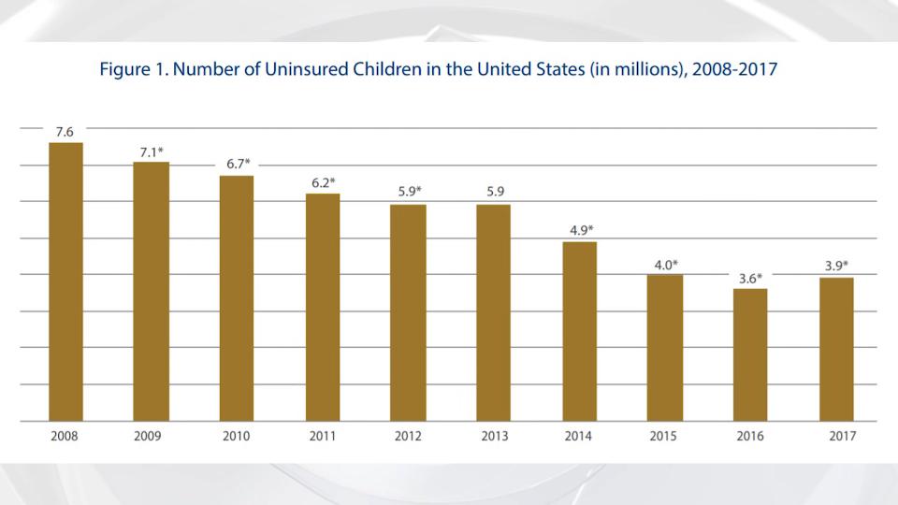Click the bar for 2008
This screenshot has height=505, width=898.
[x=65, y=281]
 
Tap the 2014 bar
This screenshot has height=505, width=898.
[x=580, y=331]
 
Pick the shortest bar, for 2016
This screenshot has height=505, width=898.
[x=750, y=354]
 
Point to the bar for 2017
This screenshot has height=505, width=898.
[x=836, y=349]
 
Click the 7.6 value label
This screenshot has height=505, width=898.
[x=65, y=132]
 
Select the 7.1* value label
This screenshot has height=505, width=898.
[x=152, y=151]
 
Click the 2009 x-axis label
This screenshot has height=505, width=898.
[x=151, y=437]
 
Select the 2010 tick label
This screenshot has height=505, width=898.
[x=237, y=437]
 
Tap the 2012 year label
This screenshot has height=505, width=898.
[x=408, y=437]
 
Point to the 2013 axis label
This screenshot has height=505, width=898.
[x=493, y=437]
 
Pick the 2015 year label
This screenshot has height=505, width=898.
[x=664, y=437]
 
